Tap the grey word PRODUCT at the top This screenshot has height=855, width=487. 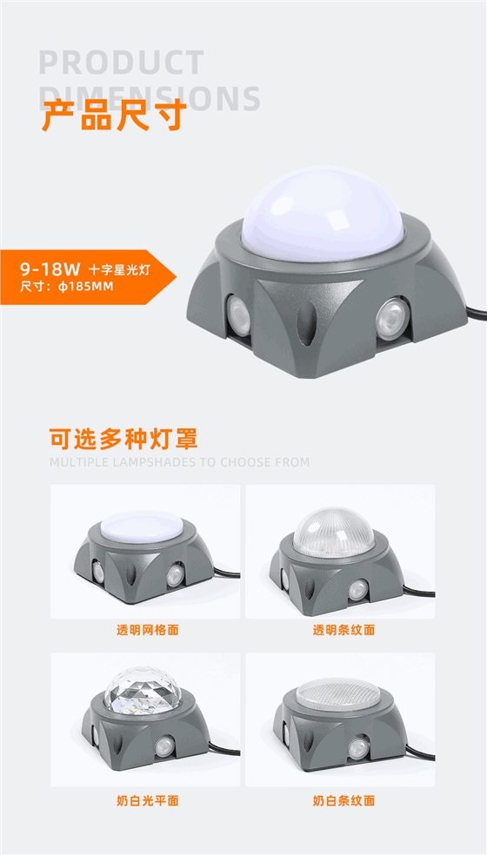click(122, 63)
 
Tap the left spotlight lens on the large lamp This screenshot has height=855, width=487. click(238, 314)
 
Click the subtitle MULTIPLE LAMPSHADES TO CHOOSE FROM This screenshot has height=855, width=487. click(179, 462)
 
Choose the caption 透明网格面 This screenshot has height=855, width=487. click(147, 629)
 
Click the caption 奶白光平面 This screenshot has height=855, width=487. click(147, 800)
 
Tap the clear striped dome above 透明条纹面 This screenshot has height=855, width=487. click(334, 528)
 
